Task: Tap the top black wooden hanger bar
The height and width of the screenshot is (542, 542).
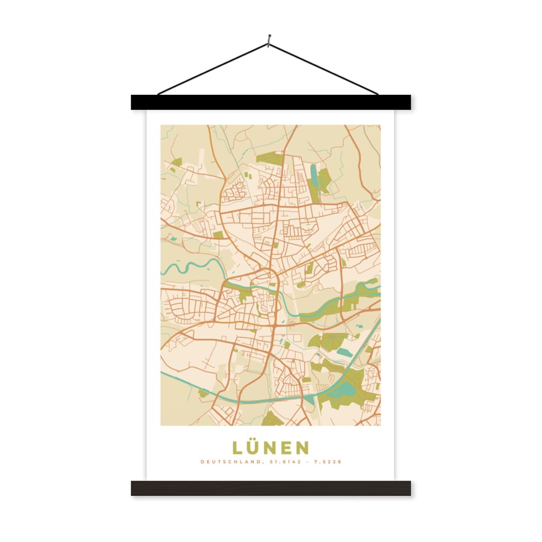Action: coord(270,102)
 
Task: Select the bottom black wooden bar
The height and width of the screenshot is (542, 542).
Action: coord(270,488)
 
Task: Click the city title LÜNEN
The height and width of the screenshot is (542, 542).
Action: coord(270,448)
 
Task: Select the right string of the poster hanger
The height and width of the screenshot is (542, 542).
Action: coord(324,68)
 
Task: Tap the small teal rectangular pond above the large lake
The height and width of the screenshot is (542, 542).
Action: coord(344,351)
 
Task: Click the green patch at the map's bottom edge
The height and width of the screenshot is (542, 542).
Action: coord(273,419)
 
